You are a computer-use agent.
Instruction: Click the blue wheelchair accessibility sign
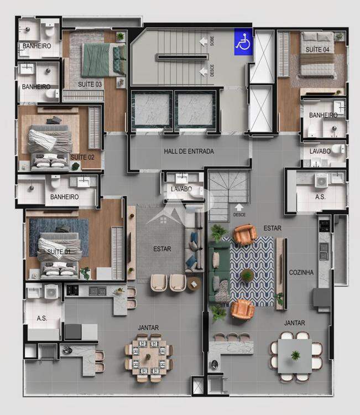tap(243, 42)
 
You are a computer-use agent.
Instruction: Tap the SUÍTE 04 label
tap(317, 49)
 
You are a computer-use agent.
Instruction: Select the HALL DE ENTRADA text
tap(189, 152)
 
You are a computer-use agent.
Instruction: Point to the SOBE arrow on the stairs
tap(203, 41)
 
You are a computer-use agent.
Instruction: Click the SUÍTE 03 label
tap(90, 85)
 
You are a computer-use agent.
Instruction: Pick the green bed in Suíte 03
tap(104, 60)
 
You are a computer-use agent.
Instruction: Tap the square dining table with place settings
tap(148, 357)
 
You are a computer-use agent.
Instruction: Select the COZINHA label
tap(301, 272)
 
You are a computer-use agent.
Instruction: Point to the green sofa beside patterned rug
tap(219, 272)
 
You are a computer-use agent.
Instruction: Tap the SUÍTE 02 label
tap(82, 157)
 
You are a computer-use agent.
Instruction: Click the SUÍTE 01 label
tap(59, 251)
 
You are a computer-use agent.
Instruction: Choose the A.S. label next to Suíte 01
tap(42, 318)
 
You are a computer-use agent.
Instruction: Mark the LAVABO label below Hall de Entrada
tap(181, 189)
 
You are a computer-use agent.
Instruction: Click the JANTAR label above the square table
tap(148, 328)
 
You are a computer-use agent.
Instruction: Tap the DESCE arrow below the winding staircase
tap(239, 207)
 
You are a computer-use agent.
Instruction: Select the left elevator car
tap(152, 110)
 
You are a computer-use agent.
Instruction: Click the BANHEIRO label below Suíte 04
tap(324, 115)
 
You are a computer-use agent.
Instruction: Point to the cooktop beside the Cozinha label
tap(324, 226)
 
